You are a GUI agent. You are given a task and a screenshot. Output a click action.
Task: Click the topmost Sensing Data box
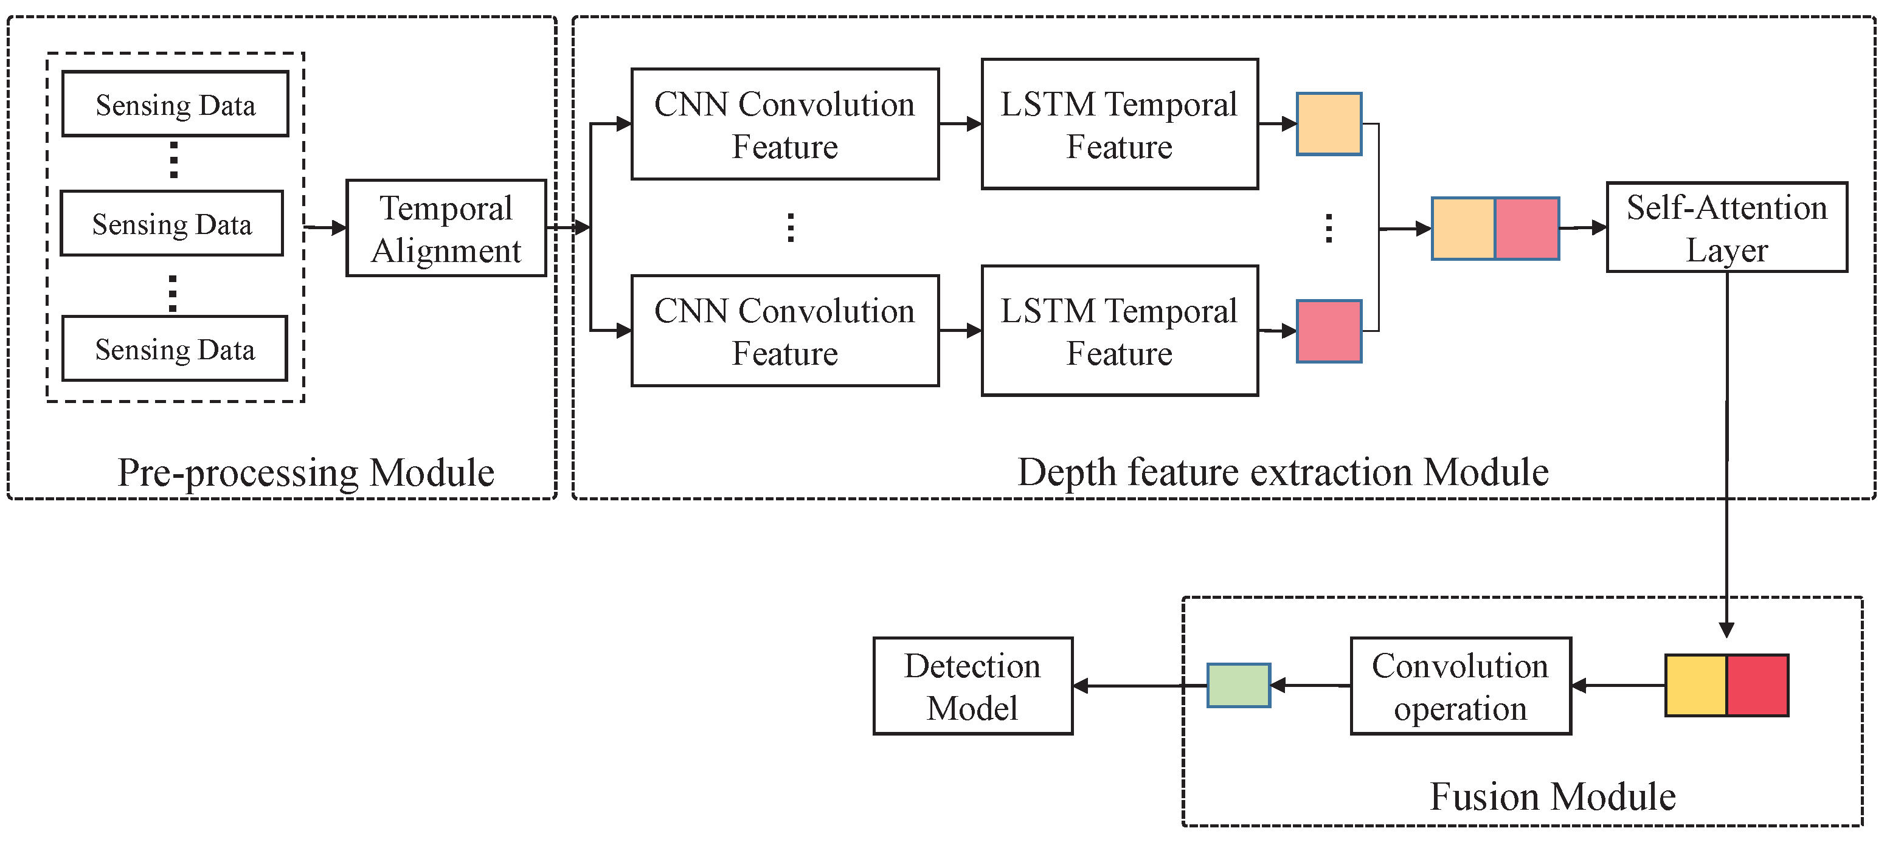click(175, 104)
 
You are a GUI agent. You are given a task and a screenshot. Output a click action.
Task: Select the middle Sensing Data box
click(171, 223)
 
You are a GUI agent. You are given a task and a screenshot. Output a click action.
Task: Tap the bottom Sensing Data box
click(175, 348)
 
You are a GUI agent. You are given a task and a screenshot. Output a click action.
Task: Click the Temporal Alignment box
click(446, 229)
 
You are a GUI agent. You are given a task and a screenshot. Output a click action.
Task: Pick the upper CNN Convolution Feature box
click(784, 125)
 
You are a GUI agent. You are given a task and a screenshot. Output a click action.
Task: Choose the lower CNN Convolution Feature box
click(784, 331)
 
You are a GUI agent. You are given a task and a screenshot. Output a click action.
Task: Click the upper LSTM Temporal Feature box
click(1120, 125)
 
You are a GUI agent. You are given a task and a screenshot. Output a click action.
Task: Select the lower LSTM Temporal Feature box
click(1120, 331)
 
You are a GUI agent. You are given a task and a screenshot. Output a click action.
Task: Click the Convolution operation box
click(1461, 686)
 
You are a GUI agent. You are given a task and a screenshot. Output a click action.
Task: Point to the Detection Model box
click(973, 686)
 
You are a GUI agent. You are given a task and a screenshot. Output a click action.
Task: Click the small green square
click(1239, 685)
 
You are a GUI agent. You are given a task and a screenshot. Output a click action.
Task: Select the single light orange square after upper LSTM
click(1329, 125)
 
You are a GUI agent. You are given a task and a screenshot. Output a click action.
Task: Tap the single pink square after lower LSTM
click(1329, 331)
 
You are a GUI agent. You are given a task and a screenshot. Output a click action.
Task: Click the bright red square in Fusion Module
click(1757, 685)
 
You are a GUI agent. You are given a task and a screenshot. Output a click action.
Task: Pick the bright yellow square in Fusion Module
click(1697, 685)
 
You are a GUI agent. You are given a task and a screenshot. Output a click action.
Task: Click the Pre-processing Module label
click(306, 472)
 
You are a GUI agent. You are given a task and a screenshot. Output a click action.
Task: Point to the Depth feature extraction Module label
click(1283, 472)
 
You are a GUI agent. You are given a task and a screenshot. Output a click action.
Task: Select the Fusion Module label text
click(1553, 797)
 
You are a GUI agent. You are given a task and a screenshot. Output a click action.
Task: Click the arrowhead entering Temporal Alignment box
click(339, 229)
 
